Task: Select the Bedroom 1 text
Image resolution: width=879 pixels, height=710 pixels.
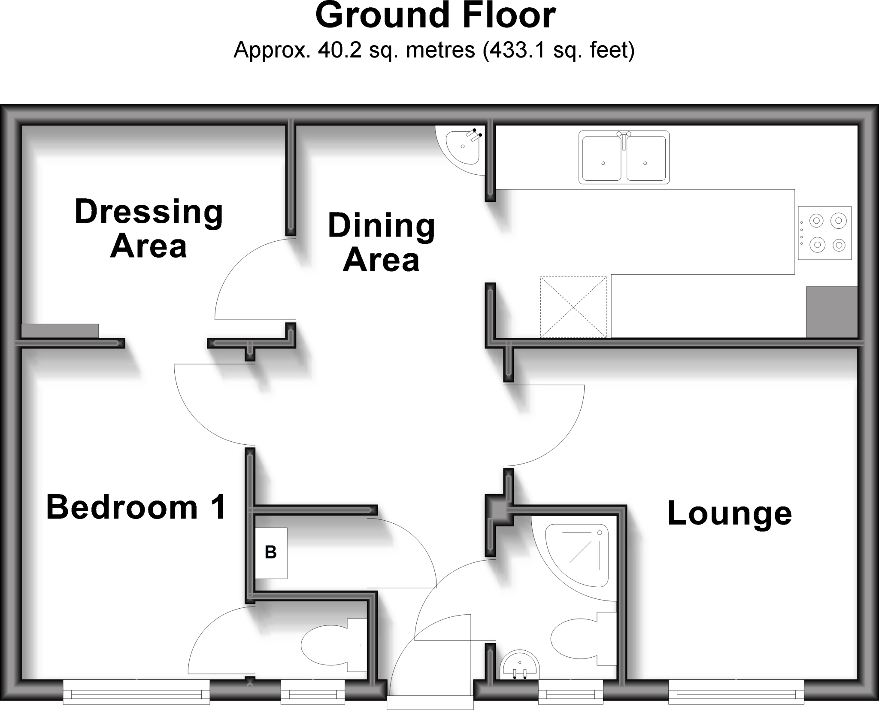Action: pyautogui.click(x=136, y=507)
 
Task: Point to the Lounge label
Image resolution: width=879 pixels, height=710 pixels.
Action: pyautogui.click(x=729, y=513)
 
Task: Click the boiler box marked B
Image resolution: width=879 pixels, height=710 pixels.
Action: pyautogui.click(x=271, y=552)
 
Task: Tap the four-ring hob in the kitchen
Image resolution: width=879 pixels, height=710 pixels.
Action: pyautogui.click(x=824, y=233)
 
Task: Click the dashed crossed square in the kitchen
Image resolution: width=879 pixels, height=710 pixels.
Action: pyautogui.click(x=573, y=307)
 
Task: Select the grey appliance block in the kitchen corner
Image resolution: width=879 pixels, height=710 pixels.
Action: pyautogui.click(x=831, y=312)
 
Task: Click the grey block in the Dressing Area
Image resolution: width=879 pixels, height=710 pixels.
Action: pyautogui.click(x=60, y=331)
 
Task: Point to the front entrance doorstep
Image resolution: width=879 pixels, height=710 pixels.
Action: pyautogui.click(x=430, y=703)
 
